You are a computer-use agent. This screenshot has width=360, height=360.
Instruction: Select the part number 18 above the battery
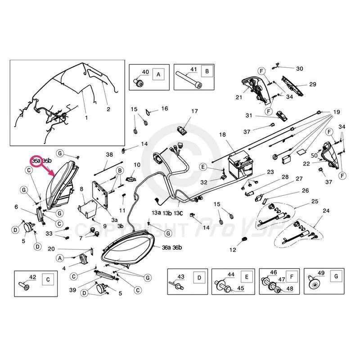pyautogui.click(x=222, y=135)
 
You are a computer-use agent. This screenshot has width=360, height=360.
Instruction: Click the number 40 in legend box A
pyautogui.click(x=145, y=72)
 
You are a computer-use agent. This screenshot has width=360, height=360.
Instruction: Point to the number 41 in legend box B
pyautogui.click(x=194, y=70)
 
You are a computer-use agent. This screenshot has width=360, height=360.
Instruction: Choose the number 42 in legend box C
pyautogui.click(x=32, y=277)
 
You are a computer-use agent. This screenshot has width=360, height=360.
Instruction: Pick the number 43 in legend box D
pyautogui.click(x=181, y=276)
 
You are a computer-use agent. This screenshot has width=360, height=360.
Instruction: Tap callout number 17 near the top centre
pyautogui.click(x=194, y=111)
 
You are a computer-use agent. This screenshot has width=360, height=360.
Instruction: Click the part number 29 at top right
pyautogui.click(x=312, y=84)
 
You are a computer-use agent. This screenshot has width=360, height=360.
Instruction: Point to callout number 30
pyautogui.click(x=300, y=68)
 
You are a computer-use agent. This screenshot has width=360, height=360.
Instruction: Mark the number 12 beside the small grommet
pyautogui.click(x=233, y=249)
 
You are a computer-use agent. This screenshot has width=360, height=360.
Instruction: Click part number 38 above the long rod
pyautogui.click(x=109, y=154)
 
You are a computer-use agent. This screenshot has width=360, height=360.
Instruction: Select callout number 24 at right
pyautogui.click(x=326, y=211)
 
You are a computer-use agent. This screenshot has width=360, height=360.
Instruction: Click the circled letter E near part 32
pyautogui.click(x=203, y=167)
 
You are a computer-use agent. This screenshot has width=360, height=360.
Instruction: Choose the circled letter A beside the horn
pyautogui.click(x=60, y=257)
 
